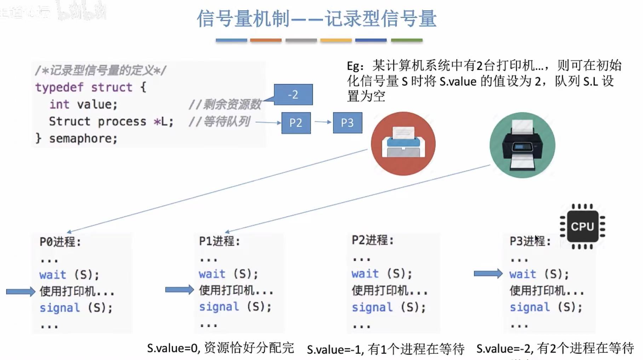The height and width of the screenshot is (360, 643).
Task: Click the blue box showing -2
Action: tap(293, 95)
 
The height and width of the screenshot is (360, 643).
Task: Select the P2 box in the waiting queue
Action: tap(296, 123)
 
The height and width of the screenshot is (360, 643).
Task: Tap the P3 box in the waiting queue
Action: tap(347, 123)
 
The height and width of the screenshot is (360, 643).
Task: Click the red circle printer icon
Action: tap(403, 144)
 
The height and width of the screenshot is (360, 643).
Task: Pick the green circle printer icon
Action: tap(522, 145)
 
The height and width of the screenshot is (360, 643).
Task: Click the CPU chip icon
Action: tap(582, 226)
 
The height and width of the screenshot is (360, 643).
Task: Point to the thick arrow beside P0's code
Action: tap(21, 291)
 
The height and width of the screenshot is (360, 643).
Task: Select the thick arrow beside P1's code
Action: tap(179, 290)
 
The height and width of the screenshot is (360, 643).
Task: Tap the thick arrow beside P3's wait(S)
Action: tap(488, 273)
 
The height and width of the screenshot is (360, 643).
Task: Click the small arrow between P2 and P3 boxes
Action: tap(322, 122)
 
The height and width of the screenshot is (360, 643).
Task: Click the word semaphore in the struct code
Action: tap(83, 138)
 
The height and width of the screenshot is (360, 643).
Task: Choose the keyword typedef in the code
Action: tap(59, 87)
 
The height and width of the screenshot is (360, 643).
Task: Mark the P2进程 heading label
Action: tap(372, 240)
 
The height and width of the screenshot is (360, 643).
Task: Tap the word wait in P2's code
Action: tap(365, 273)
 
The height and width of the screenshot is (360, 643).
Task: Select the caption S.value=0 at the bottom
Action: tap(173, 348)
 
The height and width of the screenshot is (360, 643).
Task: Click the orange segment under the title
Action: tap(266, 40)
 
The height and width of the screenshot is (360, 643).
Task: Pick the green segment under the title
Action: tap(406, 40)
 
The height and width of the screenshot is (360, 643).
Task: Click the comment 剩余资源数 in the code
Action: tap(231, 104)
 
